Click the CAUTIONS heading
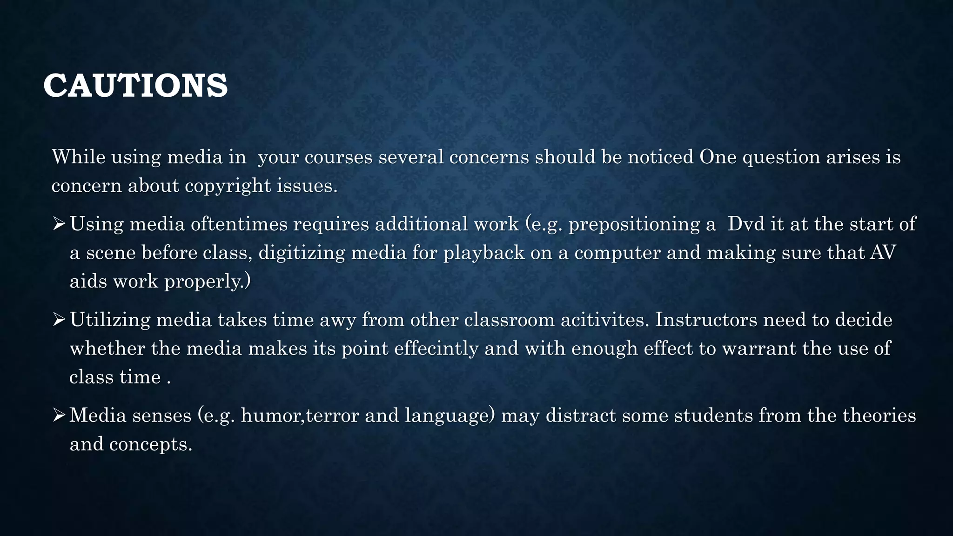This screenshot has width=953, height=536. [x=135, y=86]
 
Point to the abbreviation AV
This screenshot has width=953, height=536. [x=883, y=253]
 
